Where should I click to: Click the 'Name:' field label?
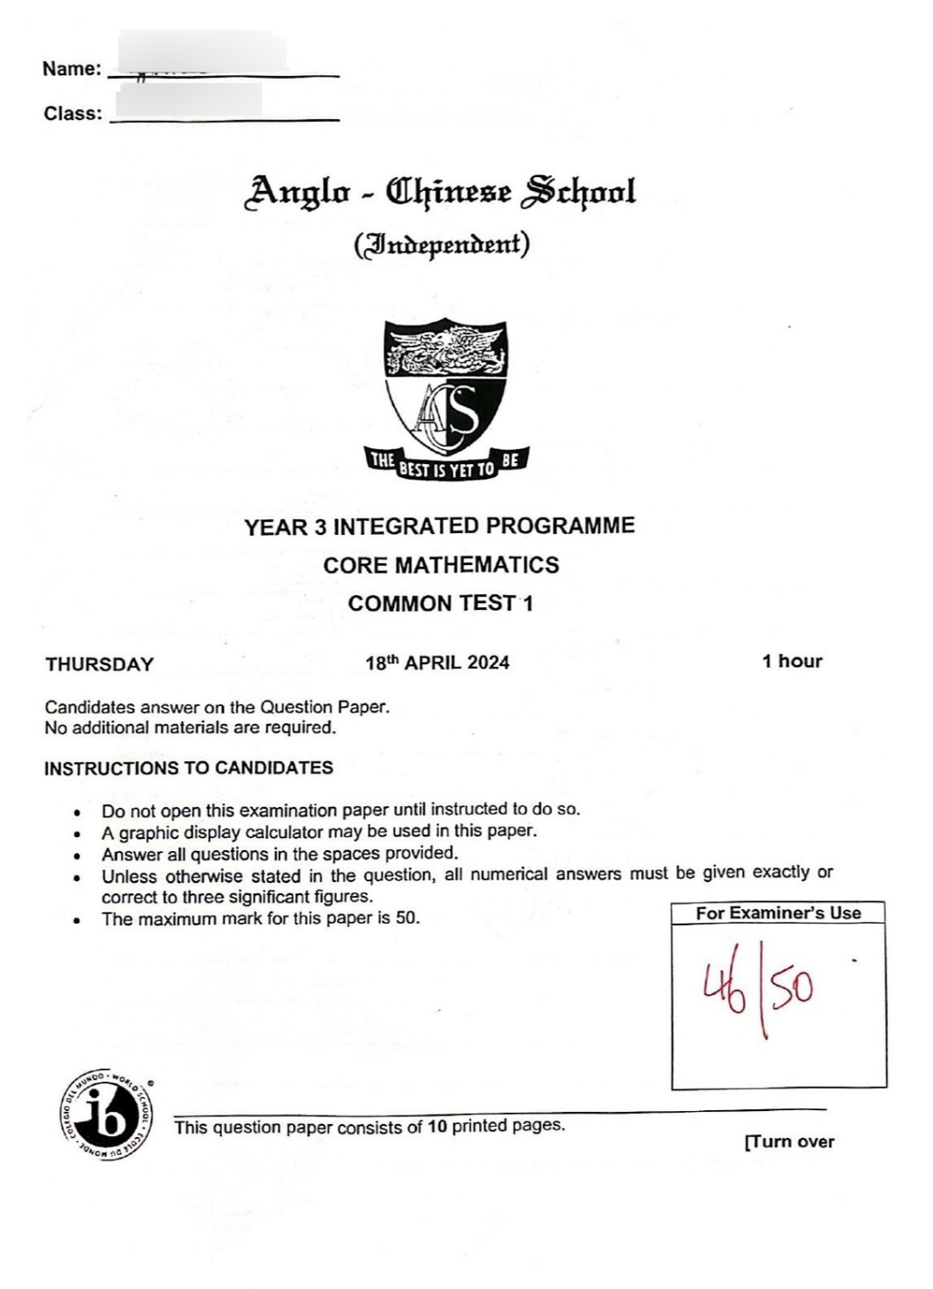tap(72, 69)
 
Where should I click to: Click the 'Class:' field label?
tap(73, 113)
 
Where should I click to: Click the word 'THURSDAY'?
tap(99, 664)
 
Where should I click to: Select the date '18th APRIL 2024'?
tap(437, 663)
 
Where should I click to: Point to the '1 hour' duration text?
tap(791, 661)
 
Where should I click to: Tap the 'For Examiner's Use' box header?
tap(778, 912)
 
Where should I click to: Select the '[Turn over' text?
tap(789, 1141)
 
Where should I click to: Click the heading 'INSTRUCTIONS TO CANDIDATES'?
tap(188, 768)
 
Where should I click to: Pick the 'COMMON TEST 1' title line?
tap(441, 603)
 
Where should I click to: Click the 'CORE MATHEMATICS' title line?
tap(441, 565)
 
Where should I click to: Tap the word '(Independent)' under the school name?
tap(441, 244)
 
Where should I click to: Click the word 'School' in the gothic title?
tap(578, 192)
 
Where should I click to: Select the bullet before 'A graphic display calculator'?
tap(79, 834)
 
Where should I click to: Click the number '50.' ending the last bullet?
tap(408, 918)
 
